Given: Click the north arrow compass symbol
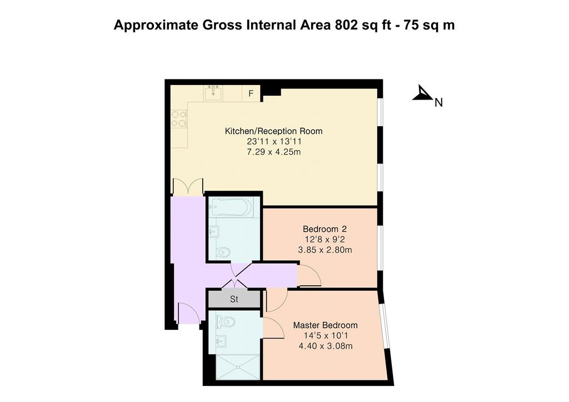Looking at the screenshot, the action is click(422, 93).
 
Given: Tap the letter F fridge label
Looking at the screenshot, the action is click(251, 94).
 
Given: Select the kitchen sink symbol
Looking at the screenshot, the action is click(213, 93).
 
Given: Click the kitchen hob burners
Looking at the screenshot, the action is click(179, 119).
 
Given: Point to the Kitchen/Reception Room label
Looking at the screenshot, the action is click(273, 131).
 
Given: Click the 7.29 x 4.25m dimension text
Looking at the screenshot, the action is click(273, 152).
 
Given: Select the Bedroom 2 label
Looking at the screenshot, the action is click(325, 229).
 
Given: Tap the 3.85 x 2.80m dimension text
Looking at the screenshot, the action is click(325, 250).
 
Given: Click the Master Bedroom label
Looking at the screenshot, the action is click(326, 325).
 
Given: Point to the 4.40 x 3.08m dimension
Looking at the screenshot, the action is click(326, 346).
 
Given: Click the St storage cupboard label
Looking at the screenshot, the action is click(234, 299).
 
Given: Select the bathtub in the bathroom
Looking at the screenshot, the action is click(231, 207).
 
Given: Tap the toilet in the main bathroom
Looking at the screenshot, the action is click(222, 251).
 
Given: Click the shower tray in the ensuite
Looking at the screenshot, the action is click(238, 368).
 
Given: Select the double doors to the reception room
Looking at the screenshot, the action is click(188, 187).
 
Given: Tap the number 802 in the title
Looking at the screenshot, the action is click(346, 25).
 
